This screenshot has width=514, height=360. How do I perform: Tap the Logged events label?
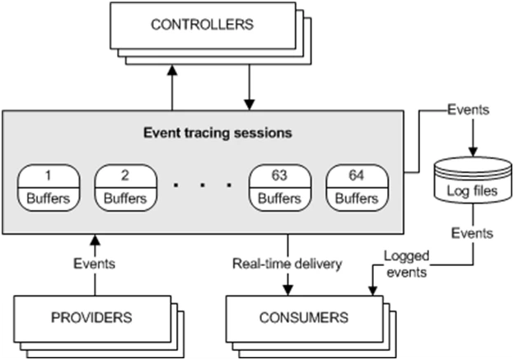tap(405, 264)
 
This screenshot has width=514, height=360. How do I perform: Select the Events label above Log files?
tap(469, 109)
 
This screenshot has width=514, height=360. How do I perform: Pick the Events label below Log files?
tap(472, 234)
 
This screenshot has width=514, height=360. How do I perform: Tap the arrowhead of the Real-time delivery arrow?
tap(287, 288)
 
